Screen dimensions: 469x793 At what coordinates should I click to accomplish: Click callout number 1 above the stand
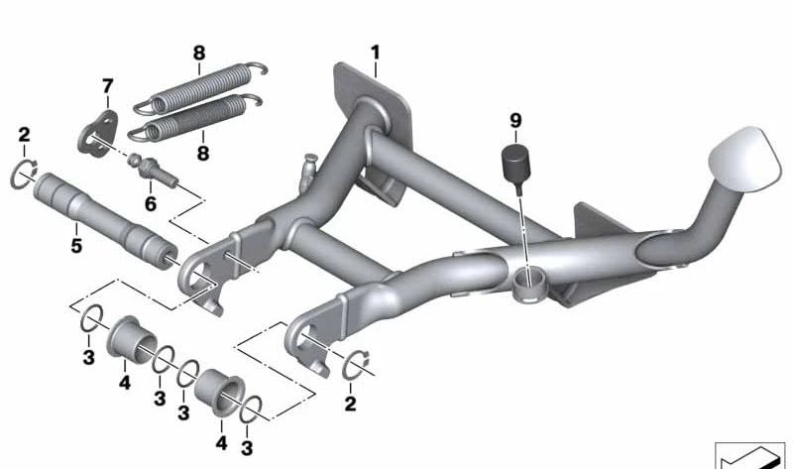376,51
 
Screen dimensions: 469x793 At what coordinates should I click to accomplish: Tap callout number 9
514,121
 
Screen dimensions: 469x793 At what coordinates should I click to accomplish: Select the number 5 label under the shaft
75,242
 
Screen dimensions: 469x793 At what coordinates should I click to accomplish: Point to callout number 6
151,203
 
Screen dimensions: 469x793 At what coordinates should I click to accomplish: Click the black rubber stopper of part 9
514,162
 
